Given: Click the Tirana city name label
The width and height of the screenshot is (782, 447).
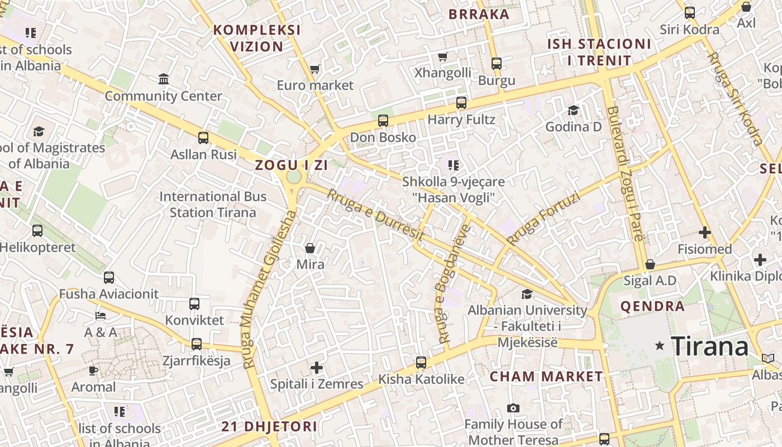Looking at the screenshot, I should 709,346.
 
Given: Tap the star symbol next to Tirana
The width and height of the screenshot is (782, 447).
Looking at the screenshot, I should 660,346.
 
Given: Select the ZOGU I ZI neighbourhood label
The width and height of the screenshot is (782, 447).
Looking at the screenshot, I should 291,165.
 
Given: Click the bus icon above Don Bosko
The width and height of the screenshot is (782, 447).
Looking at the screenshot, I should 383,120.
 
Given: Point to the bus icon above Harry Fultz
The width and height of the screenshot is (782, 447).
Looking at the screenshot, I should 461,102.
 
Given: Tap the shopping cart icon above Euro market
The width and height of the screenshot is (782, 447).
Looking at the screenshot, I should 314,69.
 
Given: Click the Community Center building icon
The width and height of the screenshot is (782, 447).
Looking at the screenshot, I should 164,79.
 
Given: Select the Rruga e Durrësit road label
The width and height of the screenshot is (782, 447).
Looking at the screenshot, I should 375,215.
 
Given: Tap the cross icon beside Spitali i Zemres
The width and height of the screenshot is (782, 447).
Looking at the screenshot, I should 317,367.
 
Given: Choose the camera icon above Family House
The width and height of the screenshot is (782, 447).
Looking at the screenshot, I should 513,408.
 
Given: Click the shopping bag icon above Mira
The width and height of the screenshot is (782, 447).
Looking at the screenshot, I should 310,248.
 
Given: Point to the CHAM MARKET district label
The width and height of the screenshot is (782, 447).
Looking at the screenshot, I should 546,377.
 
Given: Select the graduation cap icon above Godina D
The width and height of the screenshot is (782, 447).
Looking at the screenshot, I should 573,110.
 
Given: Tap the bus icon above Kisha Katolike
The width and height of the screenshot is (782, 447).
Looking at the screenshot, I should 421,362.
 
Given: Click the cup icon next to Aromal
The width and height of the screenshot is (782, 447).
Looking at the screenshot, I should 93,370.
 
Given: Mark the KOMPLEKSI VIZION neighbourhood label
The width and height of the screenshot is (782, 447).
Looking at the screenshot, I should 257,38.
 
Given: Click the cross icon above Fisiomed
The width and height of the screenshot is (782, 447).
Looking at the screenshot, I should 705,232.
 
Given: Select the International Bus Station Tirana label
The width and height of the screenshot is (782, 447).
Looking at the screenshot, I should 213,205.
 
